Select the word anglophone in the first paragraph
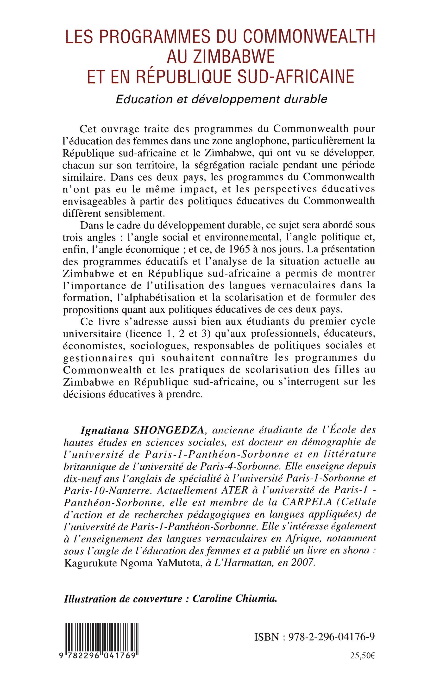coord(264,141)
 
